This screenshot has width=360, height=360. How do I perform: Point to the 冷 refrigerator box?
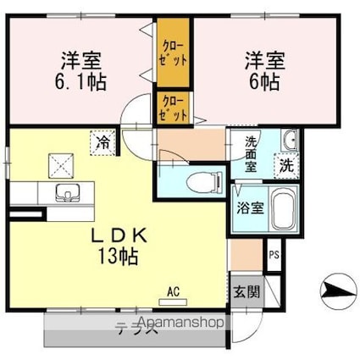tap(102, 141)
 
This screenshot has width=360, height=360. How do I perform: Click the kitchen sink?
tap(65, 193)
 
